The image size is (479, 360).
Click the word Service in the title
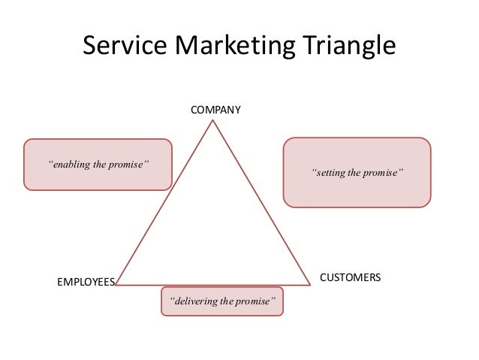125,47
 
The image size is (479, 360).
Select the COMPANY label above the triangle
215,110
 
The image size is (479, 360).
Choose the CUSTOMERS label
351,277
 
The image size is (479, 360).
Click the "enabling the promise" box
98,164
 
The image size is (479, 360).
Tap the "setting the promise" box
357,171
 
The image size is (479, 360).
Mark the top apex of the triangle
214,121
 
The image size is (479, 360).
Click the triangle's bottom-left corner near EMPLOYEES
117,285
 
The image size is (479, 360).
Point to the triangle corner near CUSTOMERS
309,285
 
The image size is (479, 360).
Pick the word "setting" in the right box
333,173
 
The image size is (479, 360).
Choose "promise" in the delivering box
258,302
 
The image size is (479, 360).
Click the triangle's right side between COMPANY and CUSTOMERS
262,203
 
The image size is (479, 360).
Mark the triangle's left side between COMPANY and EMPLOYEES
166,203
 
